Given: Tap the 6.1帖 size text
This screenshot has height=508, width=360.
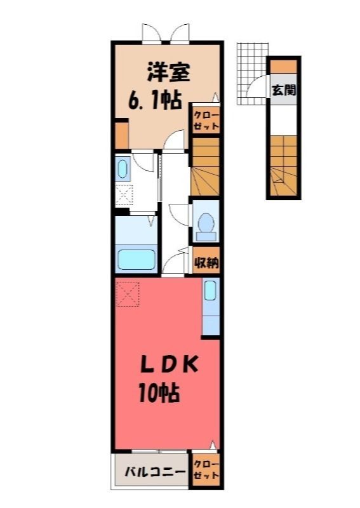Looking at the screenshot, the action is coord(154,100).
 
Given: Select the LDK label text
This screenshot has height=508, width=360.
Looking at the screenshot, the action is coord(168,365).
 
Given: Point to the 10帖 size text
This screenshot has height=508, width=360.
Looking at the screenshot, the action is coord(159,392).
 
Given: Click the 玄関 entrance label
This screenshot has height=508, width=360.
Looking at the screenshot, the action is coord(284,90).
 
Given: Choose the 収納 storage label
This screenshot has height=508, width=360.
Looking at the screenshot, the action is coord(206,263).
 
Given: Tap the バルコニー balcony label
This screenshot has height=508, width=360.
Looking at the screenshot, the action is coord(155,471).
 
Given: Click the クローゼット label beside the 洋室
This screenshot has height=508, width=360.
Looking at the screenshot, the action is coord(206,121).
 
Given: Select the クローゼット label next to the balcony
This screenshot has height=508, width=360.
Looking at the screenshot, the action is coord(206,470).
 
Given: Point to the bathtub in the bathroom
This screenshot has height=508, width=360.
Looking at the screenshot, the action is coord(136,260).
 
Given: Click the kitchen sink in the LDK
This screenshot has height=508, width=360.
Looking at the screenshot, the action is coord(210,291).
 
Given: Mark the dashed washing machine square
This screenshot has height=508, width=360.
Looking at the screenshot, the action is coord(124,195).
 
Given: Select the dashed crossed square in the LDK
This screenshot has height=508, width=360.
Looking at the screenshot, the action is coord(128,293).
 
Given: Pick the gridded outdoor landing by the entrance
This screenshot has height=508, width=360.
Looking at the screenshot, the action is coord(253,74).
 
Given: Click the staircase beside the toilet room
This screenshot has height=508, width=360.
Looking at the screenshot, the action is coord(205,166).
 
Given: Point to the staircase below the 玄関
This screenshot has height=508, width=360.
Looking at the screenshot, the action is coord(284,165).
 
